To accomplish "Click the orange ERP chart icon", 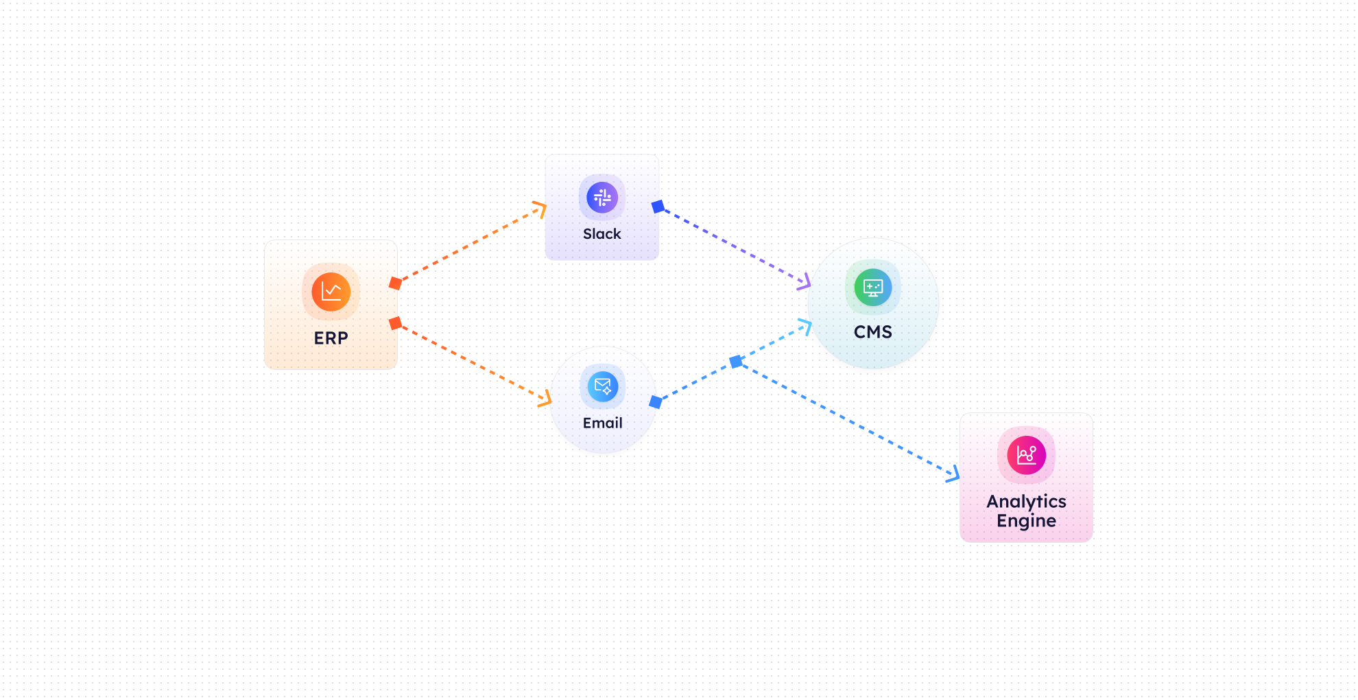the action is point(331,292).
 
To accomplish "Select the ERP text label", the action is point(331,338).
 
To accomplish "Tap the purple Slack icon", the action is point(602,198).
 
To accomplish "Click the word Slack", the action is point(602,234).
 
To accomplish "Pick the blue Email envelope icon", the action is point(603,386).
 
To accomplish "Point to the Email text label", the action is point(603,423).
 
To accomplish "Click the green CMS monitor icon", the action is point(873,288).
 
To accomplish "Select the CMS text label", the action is point(873,332).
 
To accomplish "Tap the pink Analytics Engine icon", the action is point(1026,455).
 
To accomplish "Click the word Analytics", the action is point(1026,502).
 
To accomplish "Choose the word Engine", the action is point(1026,522).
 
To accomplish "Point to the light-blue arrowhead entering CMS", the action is point(806,326).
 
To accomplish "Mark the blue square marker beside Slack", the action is point(658,207).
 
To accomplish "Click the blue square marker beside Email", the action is point(656,402).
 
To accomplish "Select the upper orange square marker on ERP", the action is point(395,283).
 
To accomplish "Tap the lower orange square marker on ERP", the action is point(395,323).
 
